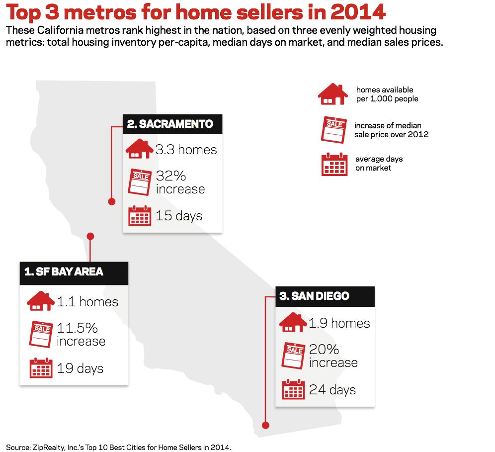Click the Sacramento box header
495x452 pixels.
coord(172,124)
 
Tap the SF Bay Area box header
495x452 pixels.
coord(74,271)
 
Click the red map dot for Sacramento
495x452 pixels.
coord(112,201)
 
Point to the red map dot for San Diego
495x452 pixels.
coord(265,425)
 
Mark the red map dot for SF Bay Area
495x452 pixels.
coord(90,236)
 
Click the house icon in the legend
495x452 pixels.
coord(332,94)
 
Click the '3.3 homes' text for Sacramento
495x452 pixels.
coord(186,150)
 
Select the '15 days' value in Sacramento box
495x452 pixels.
coord(179,216)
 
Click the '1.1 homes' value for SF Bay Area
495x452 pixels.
coord(87,302)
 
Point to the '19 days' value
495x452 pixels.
coord(80,368)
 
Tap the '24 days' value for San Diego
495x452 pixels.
coord(332,389)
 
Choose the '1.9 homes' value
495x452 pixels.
coord(339,323)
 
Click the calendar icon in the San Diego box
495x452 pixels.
coord(293,389)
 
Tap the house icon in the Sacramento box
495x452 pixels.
coord(140,149)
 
